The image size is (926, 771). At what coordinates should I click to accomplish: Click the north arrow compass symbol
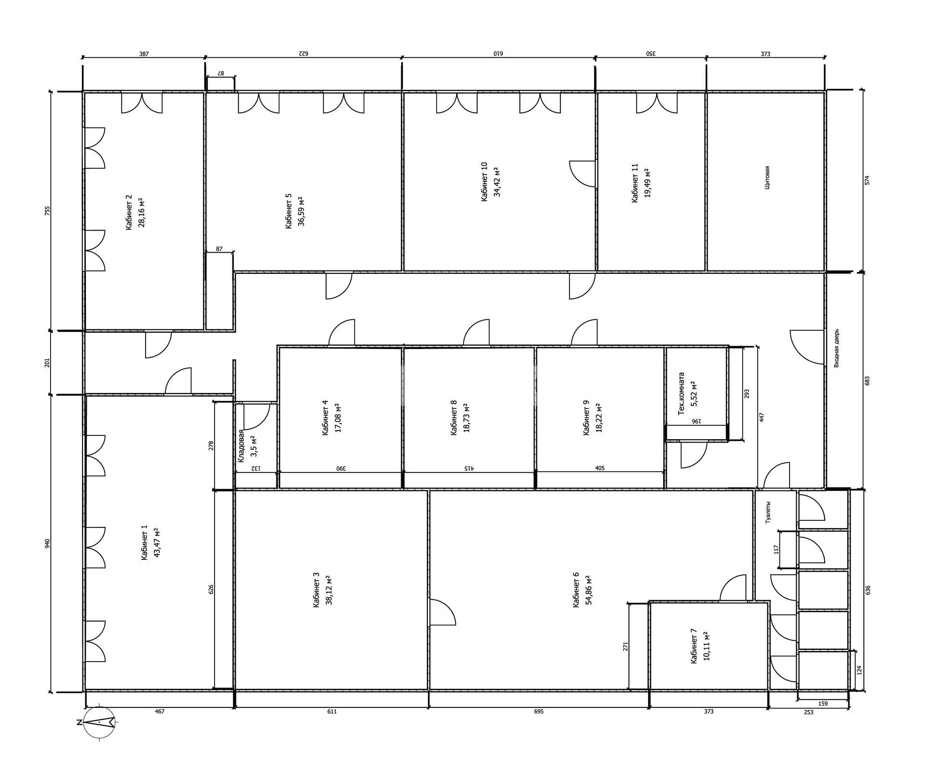(x=99, y=722)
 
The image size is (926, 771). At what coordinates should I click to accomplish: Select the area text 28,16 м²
(x=142, y=212)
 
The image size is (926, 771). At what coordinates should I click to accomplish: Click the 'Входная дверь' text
(x=836, y=348)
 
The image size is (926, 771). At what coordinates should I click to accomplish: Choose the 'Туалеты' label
(x=768, y=513)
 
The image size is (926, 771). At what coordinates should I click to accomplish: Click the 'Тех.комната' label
(x=681, y=393)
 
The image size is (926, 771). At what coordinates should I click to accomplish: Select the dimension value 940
(x=47, y=543)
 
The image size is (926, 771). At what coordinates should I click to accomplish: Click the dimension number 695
(x=539, y=711)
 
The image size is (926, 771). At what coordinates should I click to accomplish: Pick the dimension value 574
(x=867, y=180)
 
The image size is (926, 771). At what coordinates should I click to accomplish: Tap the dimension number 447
(x=762, y=418)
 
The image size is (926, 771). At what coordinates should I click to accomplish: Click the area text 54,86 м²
(x=588, y=590)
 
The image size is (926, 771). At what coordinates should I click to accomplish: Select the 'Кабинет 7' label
(x=694, y=646)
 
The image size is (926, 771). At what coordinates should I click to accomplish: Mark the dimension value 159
(x=823, y=704)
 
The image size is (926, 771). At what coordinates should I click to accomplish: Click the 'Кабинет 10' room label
(x=485, y=182)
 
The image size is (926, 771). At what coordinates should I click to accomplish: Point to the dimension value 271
(x=626, y=646)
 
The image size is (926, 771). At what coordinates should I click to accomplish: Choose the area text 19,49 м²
(x=647, y=183)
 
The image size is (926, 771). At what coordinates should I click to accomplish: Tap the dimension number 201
(x=47, y=363)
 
